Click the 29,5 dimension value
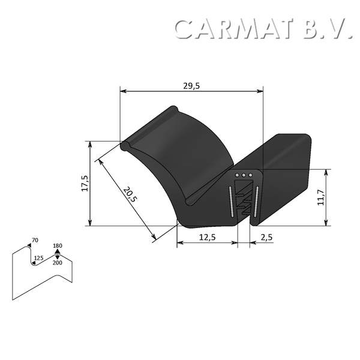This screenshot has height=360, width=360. click(x=192, y=86)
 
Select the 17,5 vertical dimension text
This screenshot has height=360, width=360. click(x=85, y=183)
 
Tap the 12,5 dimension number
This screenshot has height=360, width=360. click(x=207, y=237)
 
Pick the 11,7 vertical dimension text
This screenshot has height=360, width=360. click(x=321, y=197)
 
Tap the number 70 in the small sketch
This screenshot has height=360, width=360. click(x=35, y=241)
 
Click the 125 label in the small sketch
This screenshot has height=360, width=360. click(x=38, y=258)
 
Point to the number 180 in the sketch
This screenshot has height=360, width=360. click(x=58, y=246)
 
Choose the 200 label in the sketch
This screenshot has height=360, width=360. click(x=58, y=263)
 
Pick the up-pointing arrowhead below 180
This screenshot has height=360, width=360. click(x=58, y=253)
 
